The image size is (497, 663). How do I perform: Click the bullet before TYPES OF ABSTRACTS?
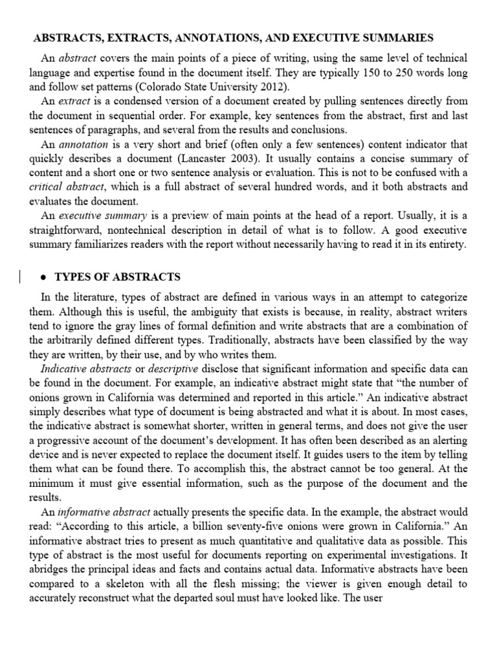point(42,277)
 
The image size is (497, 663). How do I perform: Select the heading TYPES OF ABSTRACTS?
point(118,277)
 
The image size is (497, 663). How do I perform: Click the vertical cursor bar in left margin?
point(20,277)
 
